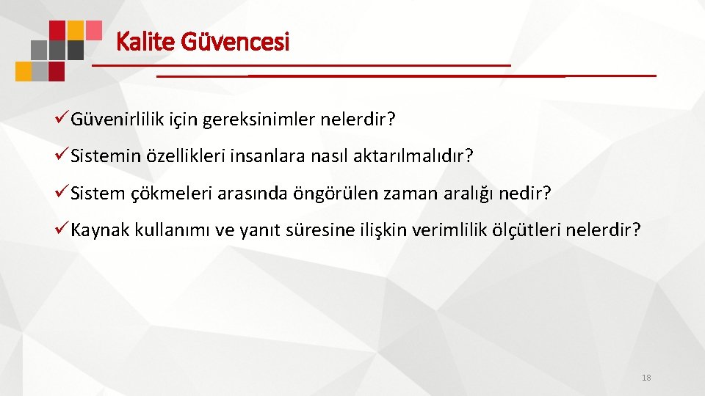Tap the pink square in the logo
click(x=93, y=29)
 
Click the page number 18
click(x=646, y=378)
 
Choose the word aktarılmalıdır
click(x=429, y=156)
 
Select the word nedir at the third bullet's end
click(x=524, y=194)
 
